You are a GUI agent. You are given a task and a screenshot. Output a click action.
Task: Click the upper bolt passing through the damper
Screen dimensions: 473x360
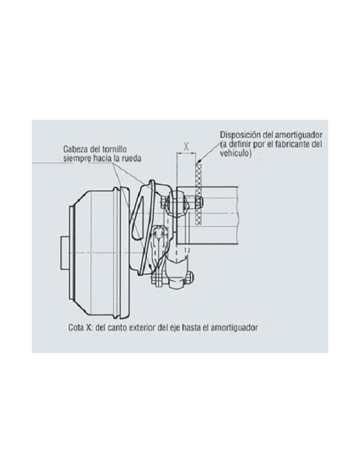pos(182,203)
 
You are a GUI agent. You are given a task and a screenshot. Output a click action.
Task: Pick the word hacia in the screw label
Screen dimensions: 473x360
pos(104,157)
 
